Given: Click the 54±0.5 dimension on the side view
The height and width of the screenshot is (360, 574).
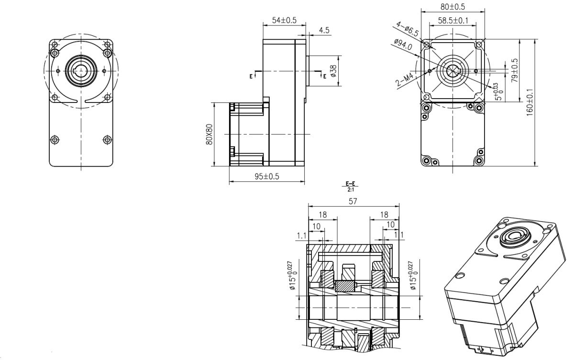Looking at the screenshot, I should pos(284,20).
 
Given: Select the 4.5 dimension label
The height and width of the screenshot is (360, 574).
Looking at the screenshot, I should pos(324,30).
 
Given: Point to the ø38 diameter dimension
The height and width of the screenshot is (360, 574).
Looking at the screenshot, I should pos(334,71).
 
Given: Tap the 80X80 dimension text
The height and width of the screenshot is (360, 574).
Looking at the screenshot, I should pos(208,135).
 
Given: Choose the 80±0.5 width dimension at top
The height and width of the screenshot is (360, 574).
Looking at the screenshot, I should pos(453,7).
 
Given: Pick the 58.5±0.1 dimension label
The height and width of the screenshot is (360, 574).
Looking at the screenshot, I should pos(453,21).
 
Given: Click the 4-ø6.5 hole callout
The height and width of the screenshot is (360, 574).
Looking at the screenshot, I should pos(407,29).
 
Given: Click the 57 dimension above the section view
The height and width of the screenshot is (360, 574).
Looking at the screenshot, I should pos(353,202).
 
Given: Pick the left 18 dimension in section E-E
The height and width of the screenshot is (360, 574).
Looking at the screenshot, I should pos(323,215).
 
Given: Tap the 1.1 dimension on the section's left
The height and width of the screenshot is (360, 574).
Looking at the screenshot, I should pos(301,236).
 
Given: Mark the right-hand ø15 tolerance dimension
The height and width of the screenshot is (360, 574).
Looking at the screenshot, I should pos(413,276).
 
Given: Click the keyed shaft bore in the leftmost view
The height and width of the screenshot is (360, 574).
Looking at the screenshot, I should pos(81,70).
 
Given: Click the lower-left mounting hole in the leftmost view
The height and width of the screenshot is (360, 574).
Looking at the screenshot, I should pos(55,140).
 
